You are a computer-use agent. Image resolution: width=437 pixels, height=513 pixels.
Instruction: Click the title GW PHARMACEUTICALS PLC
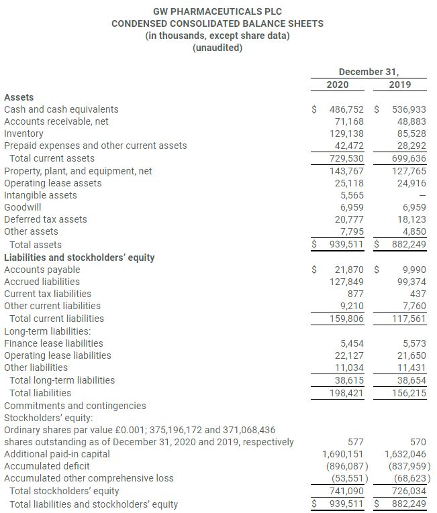tap(217, 11)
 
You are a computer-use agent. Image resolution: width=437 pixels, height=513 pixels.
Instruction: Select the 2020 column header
tap(337, 84)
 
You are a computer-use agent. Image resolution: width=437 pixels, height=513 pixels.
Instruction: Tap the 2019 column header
tap(400, 84)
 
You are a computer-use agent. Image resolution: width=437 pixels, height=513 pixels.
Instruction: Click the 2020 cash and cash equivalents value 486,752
tap(347, 109)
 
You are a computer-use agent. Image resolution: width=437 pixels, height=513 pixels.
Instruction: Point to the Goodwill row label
tap(22, 207)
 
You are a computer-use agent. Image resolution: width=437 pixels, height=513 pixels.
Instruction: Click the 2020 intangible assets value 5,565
tap(352, 195)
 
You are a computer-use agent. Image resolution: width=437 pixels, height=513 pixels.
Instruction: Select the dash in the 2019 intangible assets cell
tap(422, 195)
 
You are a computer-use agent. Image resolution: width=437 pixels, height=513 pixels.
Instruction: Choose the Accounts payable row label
tap(42, 270)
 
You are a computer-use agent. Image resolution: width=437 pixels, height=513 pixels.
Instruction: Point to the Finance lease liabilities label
tap(54, 343)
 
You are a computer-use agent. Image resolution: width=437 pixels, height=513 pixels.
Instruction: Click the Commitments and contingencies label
tap(75, 405)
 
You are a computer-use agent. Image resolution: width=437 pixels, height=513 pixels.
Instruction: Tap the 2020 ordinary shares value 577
tap(356, 442)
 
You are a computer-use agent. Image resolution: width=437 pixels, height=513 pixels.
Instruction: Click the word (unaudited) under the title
tap(217, 48)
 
